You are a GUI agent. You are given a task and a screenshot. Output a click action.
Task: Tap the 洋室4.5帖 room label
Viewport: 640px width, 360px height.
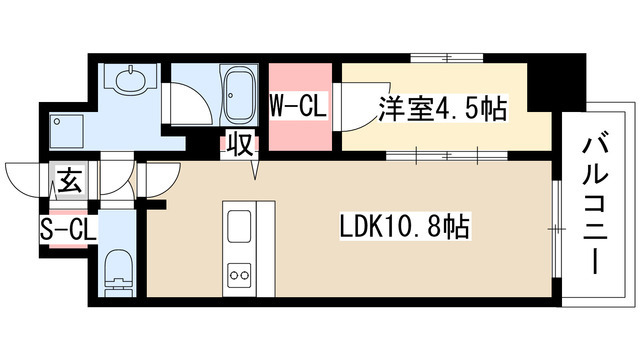pos(440,109)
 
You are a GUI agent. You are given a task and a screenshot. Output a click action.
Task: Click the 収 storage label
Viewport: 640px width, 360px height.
pos(242,143)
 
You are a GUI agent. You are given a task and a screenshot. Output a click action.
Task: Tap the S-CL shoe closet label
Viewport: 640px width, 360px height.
pos(68,229)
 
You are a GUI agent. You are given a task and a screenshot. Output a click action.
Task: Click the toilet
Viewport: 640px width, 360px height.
pos(118,266)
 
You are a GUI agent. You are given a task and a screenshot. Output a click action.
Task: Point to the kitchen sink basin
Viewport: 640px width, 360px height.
pos(241,227)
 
